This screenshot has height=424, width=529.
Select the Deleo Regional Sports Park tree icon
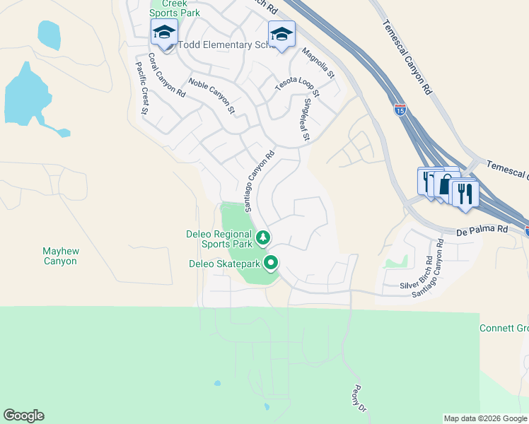(x=263, y=237)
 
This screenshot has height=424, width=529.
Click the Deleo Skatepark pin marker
(x=271, y=264)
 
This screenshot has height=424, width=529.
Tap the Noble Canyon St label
(x=211, y=95)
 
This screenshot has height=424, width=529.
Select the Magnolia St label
(x=318, y=62)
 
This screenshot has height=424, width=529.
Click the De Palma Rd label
(x=482, y=229)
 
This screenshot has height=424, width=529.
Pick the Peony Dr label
(x=359, y=399)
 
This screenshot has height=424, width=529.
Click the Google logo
(x=23, y=416)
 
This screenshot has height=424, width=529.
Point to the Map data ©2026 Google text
(x=484, y=418)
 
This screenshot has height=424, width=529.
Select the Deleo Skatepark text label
(x=224, y=264)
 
